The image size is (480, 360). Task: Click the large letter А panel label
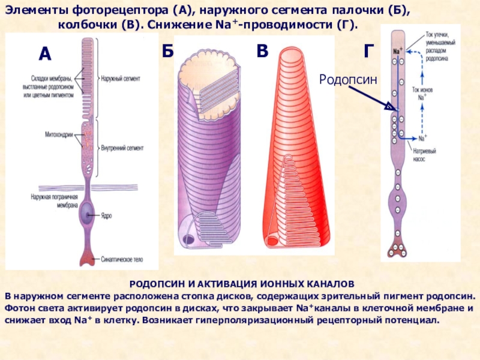click(45, 55)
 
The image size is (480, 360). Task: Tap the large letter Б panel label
click(167, 51)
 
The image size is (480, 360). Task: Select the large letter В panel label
click(262, 51)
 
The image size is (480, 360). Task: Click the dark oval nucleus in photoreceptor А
click(88, 211)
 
